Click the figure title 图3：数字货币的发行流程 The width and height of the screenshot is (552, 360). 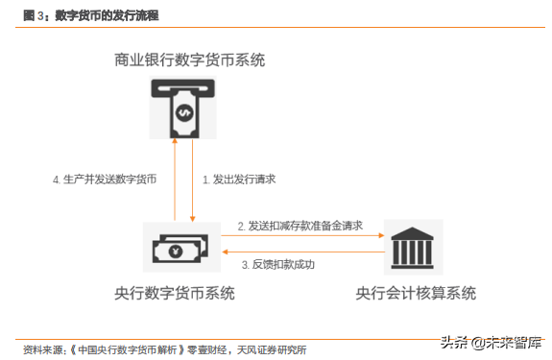[90, 16]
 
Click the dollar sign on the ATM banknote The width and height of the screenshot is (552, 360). [183, 112]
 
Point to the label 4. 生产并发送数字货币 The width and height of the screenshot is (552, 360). [105, 180]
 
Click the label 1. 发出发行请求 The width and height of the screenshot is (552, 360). [239, 180]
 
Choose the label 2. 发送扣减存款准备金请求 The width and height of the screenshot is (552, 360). [300, 226]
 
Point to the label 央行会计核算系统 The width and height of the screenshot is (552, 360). [415, 292]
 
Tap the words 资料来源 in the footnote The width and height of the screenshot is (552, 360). [43, 348]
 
